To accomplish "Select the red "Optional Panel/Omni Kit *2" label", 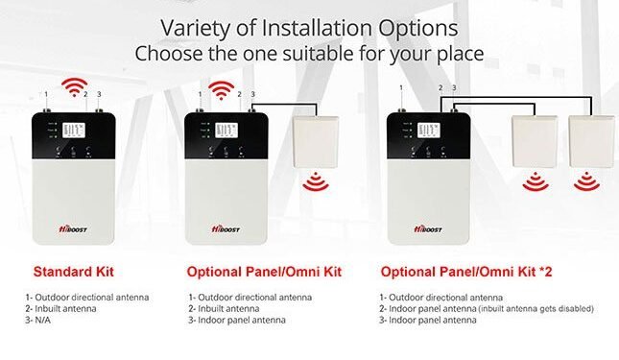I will coord(454,271).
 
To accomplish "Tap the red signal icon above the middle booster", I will coord(223,89).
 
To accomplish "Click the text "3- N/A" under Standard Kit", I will coord(44,321).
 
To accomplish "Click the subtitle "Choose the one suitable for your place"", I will coord(308,53).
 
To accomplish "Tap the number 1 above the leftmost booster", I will coord(46,94).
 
